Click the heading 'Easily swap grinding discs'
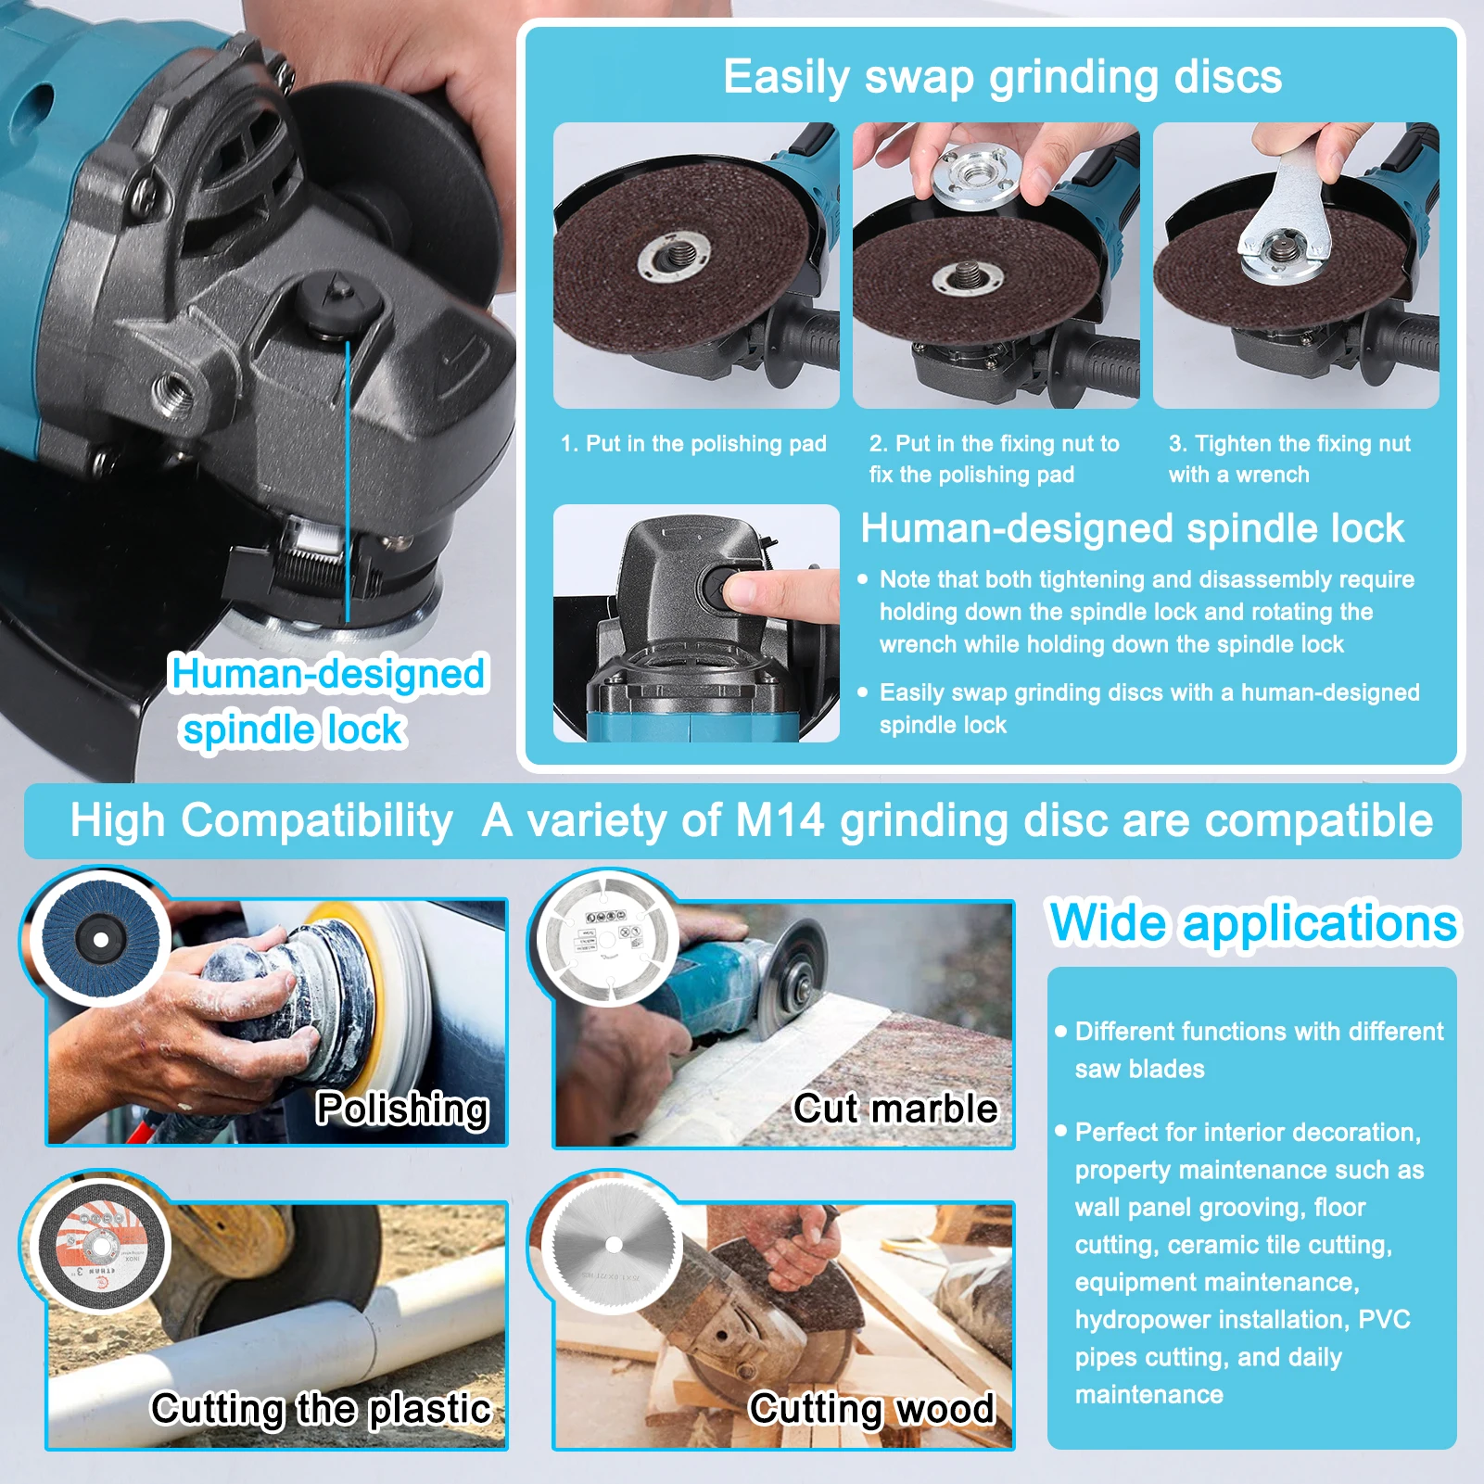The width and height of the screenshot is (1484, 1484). pyautogui.click(x=1001, y=77)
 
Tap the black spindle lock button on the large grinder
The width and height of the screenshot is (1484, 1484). pyautogui.click(x=339, y=301)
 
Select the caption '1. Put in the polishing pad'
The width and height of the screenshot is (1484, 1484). pyautogui.click(x=693, y=444)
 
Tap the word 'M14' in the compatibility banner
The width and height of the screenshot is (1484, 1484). pyautogui.click(x=779, y=821)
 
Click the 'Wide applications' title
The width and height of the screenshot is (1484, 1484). pyautogui.click(x=1252, y=923)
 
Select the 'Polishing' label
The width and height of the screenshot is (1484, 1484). pyautogui.click(x=401, y=1109)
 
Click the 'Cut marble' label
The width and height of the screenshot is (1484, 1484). pyautogui.click(x=895, y=1109)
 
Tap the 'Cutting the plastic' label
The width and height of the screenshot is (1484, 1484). pyautogui.click(x=321, y=1409)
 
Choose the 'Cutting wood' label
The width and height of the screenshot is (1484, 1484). pyautogui.click(x=871, y=1409)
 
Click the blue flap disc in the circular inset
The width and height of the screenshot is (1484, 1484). pyautogui.click(x=100, y=939)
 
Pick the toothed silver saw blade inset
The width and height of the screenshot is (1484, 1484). pyautogui.click(x=613, y=1244)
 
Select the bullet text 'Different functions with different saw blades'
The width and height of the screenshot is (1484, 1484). pyautogui.click(x=1258, y=1049)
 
